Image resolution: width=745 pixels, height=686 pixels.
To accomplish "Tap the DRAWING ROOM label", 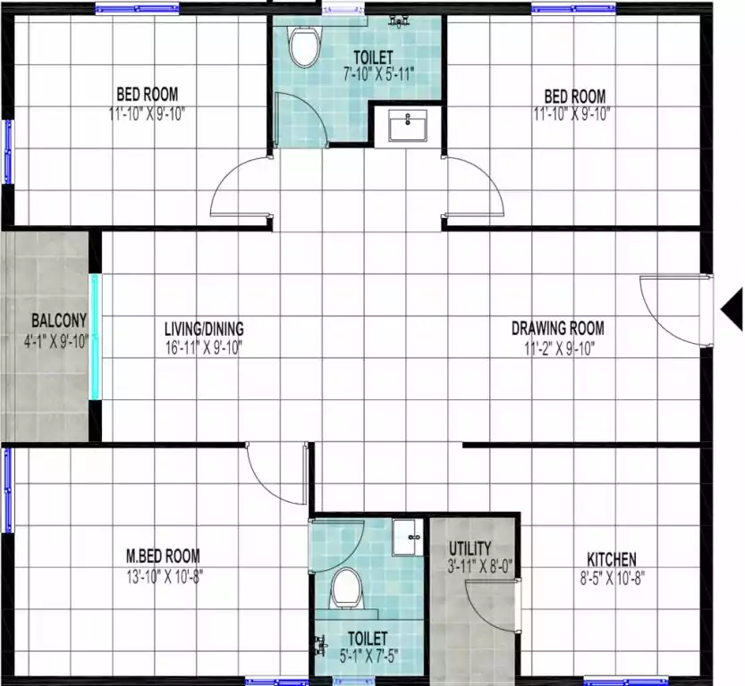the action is [558, 329].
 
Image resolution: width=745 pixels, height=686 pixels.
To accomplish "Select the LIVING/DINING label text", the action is [204, 329].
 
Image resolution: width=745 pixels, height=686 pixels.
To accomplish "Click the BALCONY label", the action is [59, 321].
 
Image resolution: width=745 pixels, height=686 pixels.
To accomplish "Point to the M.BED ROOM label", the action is [163, 556].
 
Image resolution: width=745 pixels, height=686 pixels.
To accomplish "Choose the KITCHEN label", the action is [612, 559].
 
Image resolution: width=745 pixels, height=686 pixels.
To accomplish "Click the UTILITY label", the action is [470, 549].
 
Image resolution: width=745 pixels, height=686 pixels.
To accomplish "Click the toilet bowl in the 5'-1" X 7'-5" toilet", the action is [346, 589].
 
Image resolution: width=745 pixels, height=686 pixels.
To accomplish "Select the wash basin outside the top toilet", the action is [408, 126].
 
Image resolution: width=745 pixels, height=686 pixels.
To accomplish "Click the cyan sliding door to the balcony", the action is [96, 338].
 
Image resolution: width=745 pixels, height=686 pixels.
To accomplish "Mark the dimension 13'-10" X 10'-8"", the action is [165, 577].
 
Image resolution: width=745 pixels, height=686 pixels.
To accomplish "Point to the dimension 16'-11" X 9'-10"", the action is [204, 348].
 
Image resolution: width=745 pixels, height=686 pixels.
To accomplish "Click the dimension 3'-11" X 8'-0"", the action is [480, 567].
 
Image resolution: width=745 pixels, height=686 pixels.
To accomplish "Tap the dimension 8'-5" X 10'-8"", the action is [612, 579].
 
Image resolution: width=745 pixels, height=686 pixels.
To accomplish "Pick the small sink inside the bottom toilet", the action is [407, 537].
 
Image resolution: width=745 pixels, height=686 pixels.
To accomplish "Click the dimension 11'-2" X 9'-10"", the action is [559, 348].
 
